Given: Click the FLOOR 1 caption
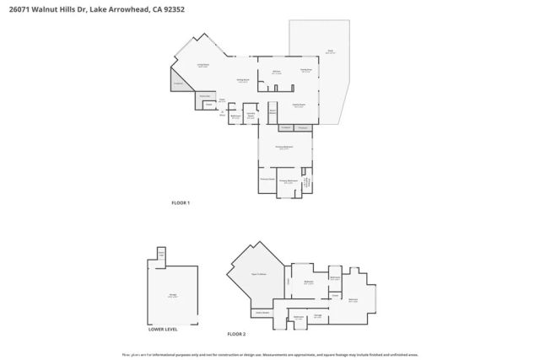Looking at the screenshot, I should click(181, 202).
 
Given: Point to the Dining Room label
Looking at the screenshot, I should click(242, 80).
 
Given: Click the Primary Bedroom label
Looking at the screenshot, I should click(284, 148).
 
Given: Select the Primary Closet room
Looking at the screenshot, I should click(267, 179).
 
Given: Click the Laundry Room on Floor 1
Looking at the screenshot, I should click(251, 115).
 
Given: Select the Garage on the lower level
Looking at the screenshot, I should click(172, 296).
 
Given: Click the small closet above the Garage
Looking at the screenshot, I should click(160, 254).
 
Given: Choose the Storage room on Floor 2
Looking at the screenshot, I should click(317, 315).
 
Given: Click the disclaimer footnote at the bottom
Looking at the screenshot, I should click(269, 354).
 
